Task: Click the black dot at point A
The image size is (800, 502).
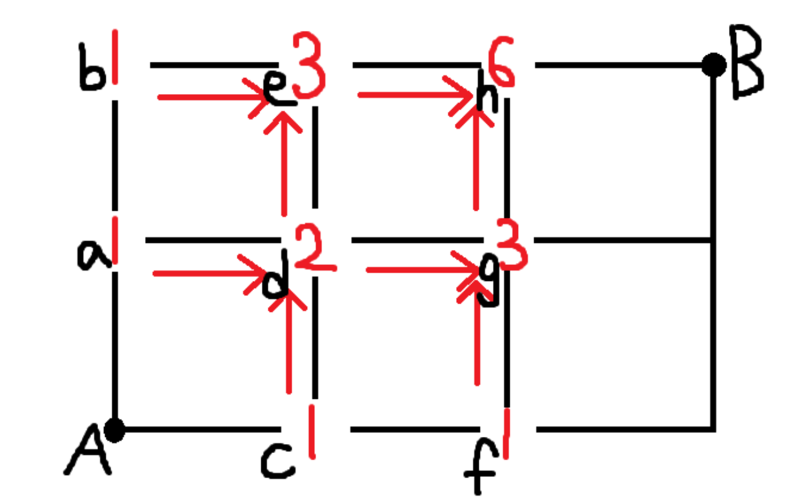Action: click(x=115, y=429)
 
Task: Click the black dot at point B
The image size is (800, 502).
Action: click(x=713, y=65)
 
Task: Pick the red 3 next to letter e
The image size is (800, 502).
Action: click(x=308, y=65)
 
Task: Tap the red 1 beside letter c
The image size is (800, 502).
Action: click(x=312, y=431)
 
